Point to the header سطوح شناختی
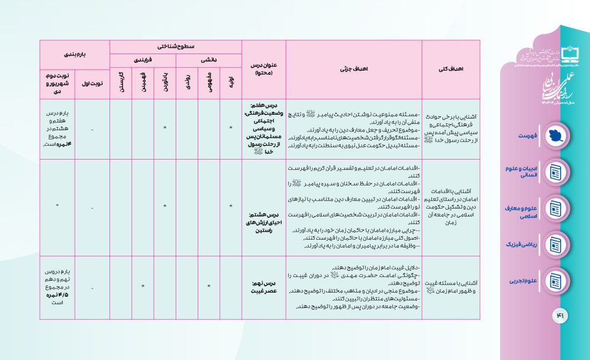tap(175, 46)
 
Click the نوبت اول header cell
tap(92, 84)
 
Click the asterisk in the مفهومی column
tap(209, 286)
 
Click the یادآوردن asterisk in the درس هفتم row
tap(165, 127)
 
